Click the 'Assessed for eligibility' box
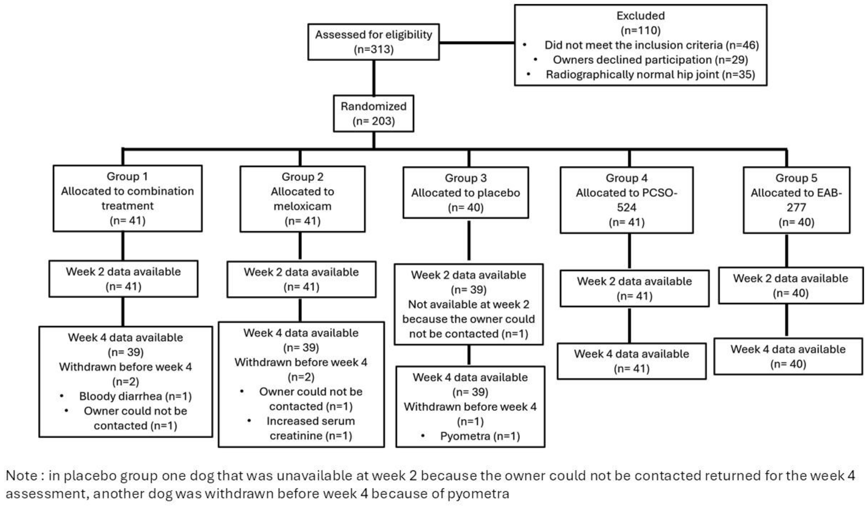click(373, 42)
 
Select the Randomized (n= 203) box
click(373, 114)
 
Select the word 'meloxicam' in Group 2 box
click(302, 206)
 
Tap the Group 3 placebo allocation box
click(466, 193)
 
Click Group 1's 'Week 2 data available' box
click(123, 279)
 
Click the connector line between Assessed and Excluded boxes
click(477, 43)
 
